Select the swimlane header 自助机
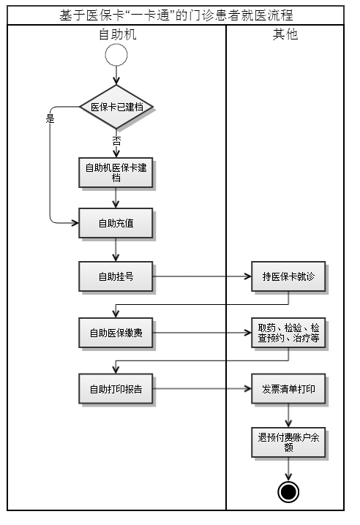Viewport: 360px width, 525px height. pos(116,34)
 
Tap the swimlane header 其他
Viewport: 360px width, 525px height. pos(285,34)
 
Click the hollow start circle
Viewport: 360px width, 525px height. pos(116,56)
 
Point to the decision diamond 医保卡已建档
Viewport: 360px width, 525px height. pos(116,107)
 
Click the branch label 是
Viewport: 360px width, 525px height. pos(50,118)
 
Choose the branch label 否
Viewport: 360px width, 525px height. pos(116,140)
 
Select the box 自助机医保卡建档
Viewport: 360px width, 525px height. pos(116,173)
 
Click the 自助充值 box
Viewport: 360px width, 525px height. pos(116,222)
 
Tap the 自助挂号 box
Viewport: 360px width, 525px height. pos(116,277)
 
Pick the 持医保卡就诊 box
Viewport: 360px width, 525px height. pos(288,277)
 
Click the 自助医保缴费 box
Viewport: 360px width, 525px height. pos(116,333)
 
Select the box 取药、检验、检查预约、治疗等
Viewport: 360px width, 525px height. pos(288,333)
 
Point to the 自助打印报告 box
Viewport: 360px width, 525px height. pos(116,389)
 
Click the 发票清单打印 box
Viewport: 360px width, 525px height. pos(288,389)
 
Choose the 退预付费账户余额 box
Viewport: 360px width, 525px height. pos(288,442)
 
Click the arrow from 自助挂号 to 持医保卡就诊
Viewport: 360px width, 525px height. pos(201,277)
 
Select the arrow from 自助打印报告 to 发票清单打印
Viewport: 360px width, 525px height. pos(201,389)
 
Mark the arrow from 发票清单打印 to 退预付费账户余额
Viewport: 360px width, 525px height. pos(288,415)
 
